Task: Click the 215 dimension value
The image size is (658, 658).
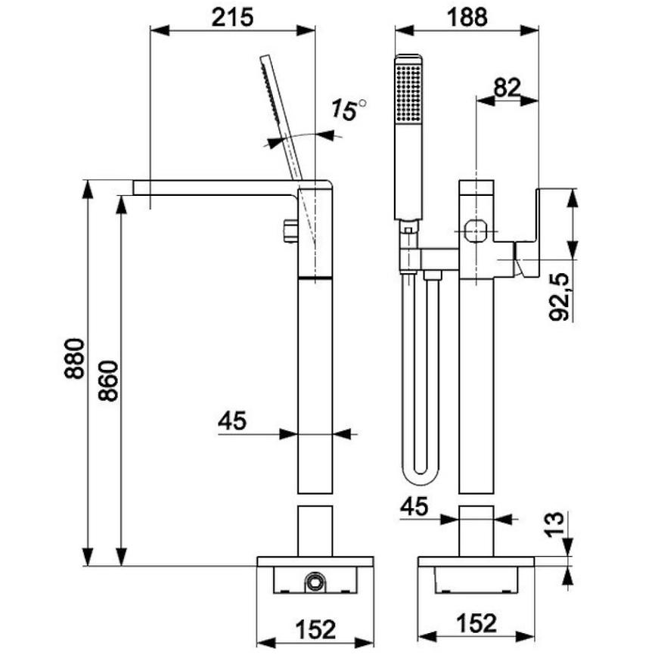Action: tap(232, 17)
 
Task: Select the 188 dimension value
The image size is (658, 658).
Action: tap(467, 17)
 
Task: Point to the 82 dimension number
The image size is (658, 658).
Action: tap(507, 88)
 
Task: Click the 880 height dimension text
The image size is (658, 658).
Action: tap(75, 358)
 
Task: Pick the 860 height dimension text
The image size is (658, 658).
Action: tap(108, 380)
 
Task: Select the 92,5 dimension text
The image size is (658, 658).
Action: tap(560, 296)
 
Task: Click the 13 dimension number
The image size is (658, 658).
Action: tap(555, 525)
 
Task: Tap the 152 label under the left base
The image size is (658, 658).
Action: tap(316, 629)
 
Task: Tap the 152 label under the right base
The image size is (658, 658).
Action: tap(476, 623)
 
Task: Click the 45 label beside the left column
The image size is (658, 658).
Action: tap(232, 421)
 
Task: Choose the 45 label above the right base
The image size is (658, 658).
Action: tap(414, 507)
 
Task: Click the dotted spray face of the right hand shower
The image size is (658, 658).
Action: tap(408, 93)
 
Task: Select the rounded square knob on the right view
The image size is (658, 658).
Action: tap(476, 231)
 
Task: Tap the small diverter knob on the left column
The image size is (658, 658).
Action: tap(290, 231)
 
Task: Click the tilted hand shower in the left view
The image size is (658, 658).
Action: tap(281, 118)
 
